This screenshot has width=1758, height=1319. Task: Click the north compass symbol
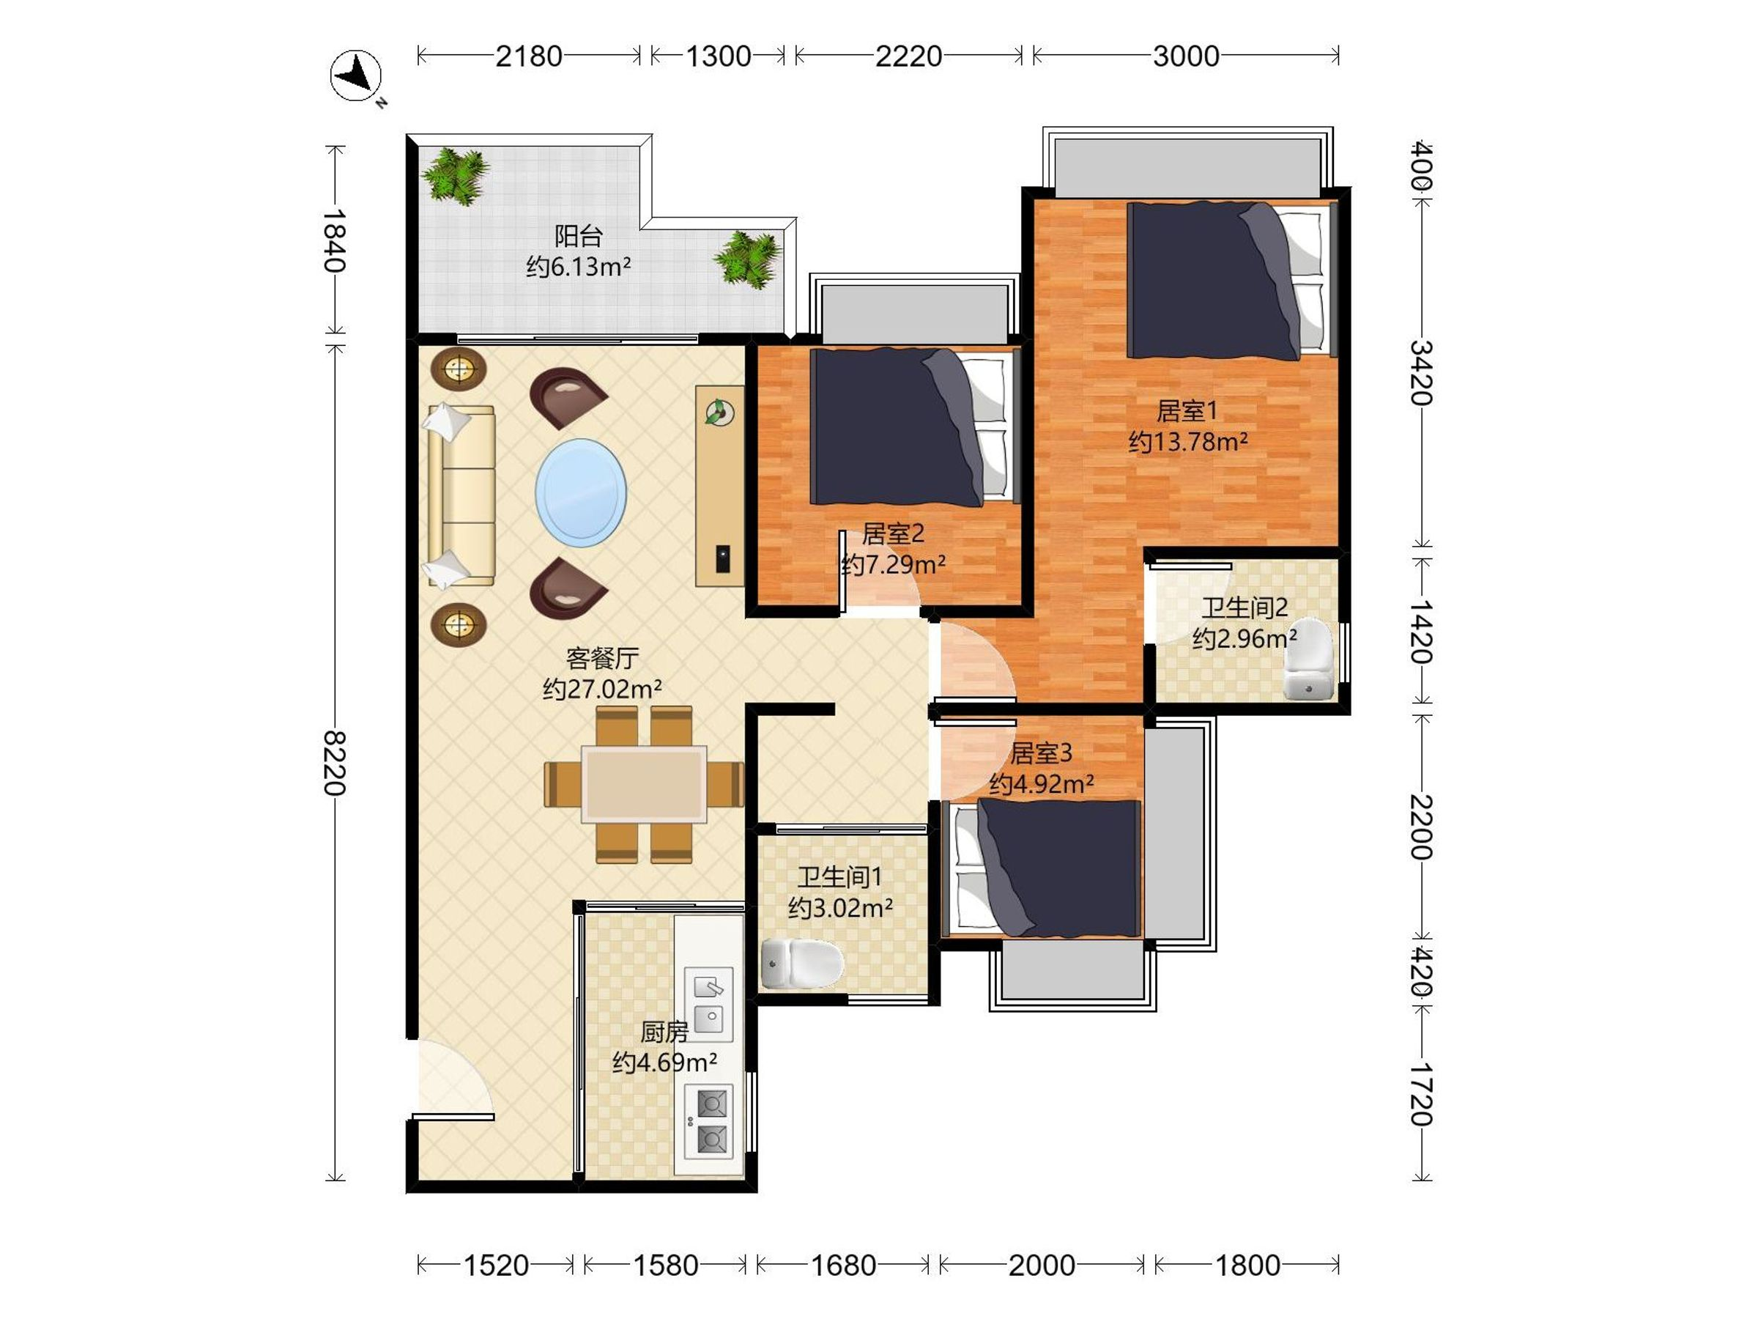click(357, 76)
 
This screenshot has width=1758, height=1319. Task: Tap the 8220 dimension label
click(334, 764)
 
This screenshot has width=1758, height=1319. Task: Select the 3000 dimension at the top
click(1186, 56)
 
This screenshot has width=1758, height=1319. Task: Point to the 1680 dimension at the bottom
click(842, 1265)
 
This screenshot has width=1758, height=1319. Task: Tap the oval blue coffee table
click(581, 493)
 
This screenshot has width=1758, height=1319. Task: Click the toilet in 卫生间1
click(801, 964)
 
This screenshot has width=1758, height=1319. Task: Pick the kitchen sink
click(708, 1004)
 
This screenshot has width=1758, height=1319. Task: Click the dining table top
click(644, 784)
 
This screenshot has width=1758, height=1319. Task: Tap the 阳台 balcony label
click(578, 236)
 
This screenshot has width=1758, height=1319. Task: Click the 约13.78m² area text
click(1187, 441)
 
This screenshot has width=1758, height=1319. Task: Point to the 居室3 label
click(1041, 752)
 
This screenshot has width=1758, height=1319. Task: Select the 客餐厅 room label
click(602, 658)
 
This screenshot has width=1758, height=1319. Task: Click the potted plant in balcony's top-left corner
click(456, 175)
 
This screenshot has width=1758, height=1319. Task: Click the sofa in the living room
click(460, 497)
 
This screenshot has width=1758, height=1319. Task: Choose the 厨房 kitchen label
click(664, 1032)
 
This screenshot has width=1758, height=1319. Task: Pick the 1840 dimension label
click(334, 240)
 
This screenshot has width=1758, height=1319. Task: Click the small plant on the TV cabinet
click(720, 412)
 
